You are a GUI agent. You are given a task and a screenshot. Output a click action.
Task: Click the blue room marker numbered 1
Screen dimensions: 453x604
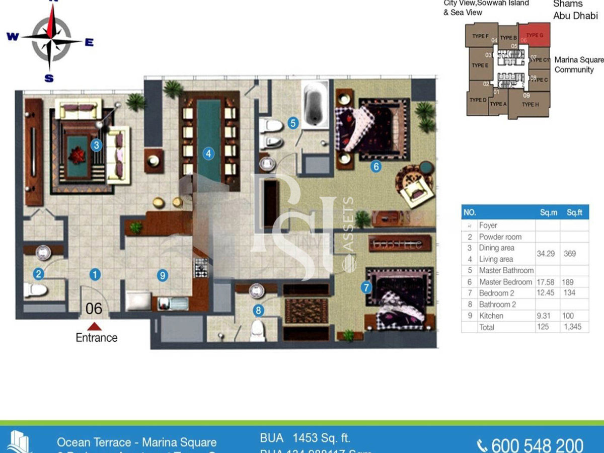[95, 274]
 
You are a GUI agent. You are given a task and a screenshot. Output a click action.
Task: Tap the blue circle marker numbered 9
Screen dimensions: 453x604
[162, 275]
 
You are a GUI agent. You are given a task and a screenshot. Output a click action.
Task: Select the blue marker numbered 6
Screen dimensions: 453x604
[375, 167]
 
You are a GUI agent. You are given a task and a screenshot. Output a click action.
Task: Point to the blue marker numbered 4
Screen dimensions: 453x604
[208, 154]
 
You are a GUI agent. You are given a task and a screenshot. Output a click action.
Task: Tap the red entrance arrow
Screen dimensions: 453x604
[94, 327]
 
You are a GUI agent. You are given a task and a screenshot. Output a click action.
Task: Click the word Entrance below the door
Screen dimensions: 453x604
[96, 338]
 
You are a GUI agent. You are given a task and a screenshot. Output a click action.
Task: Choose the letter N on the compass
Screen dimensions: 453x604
[50, 2]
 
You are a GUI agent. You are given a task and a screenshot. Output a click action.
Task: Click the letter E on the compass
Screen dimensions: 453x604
[89, 43]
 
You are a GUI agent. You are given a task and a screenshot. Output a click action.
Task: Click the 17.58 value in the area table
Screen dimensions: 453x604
[546, 282]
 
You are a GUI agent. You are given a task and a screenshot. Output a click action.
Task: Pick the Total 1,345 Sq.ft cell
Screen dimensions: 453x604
[572, 327]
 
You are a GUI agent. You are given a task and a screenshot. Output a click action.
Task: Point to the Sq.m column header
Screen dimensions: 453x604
[547, 213]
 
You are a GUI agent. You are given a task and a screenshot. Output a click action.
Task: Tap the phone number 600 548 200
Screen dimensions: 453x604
[537, 445]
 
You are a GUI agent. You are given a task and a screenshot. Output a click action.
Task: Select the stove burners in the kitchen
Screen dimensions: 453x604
[201, 267]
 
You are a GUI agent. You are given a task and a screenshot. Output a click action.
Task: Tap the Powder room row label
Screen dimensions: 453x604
[500, 237]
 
